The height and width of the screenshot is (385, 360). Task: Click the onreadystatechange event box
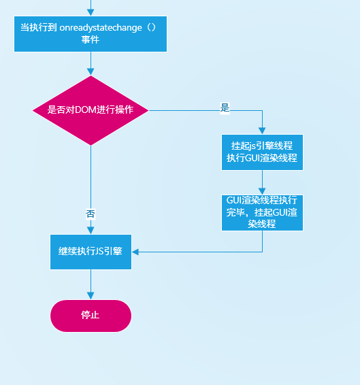tap(91, 34)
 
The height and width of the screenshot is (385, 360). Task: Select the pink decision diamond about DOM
tap(91, 110)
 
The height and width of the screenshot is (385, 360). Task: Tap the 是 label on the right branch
tap(225, 107)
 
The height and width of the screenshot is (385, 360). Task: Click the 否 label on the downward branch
tap(91, 214)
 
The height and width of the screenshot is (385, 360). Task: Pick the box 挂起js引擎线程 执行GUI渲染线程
tap(262, 152)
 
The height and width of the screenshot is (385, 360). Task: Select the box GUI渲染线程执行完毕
tap(262, 213)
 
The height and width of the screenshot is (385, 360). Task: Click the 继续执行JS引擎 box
tap(91, 252)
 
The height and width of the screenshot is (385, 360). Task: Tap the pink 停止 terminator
tap(91, 316)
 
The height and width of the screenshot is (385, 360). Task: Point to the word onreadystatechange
tap(101, 28)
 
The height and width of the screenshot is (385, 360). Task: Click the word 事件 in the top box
tap(91, 39)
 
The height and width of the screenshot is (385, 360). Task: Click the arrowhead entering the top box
tap(91, 12)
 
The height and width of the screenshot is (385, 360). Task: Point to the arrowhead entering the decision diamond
tap(91, 71)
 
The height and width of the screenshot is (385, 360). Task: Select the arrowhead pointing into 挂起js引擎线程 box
tap(262, 131)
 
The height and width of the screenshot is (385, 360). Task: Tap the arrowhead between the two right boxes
tap(262, 191)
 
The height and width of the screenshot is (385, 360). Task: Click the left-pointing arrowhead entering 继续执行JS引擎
tap(135, 252)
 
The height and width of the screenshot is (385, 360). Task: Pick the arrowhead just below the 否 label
tap(91, 231)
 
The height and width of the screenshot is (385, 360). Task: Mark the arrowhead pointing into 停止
tap(91, 296)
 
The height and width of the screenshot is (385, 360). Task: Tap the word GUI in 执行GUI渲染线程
tap(252, 158)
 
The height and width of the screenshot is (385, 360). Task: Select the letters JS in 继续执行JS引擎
tap(99, 252)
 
